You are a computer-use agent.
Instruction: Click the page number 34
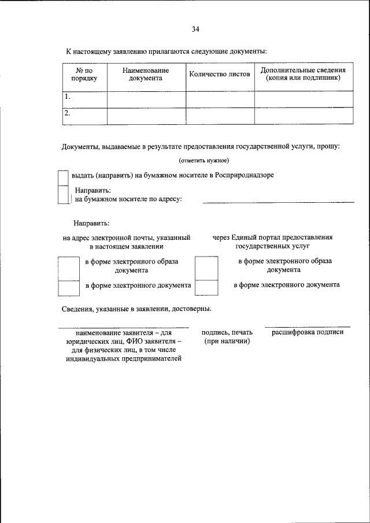[195, 29]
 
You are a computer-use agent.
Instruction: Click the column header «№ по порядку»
[84, 73]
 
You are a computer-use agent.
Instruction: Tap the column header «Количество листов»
[220, 75]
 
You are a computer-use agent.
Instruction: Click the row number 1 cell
[84, 98]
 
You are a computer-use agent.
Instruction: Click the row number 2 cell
[84, 115]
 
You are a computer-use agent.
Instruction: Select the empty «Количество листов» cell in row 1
[220, 98]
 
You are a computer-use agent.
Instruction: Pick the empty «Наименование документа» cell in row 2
[146, 115]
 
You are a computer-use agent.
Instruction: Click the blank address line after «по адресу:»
[277, 202]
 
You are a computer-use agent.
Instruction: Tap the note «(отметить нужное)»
[204, 160]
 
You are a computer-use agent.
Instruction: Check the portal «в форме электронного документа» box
[206, 287]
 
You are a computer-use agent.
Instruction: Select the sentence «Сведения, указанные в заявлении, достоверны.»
[136, 309]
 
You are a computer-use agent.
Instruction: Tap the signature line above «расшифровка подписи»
[308, 327]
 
